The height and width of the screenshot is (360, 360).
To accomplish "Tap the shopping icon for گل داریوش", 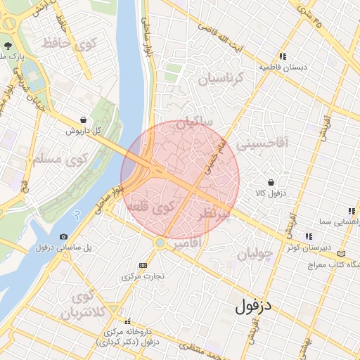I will coord(84,120).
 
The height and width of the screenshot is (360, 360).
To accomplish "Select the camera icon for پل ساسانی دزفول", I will coord(64,237).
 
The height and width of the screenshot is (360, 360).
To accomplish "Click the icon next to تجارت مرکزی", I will coord(143,265).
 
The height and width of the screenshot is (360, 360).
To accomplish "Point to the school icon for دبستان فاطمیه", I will coord(282,56).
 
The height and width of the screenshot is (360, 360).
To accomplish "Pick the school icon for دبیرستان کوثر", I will coord(308,236).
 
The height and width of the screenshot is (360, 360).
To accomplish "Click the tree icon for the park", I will coord(6,43).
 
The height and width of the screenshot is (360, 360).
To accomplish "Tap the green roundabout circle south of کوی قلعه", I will coord(160,243).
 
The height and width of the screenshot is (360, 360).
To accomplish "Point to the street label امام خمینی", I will coord(213,157).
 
